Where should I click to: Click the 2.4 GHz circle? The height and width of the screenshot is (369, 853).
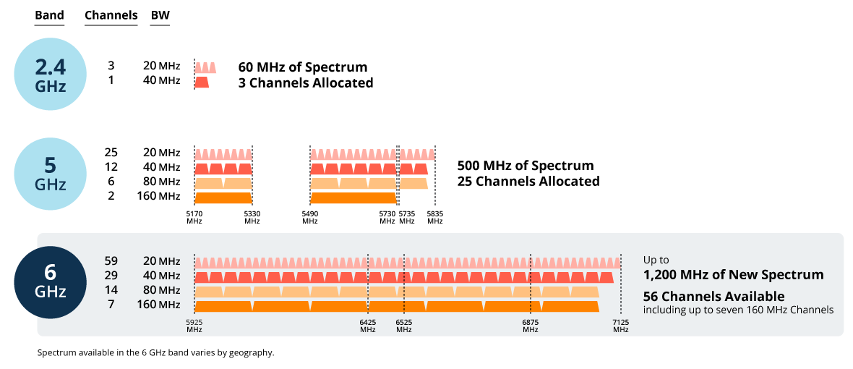[51, 75]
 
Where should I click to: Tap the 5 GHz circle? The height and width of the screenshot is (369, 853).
[51, 174]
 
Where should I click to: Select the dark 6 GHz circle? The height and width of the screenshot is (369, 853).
[51, 282]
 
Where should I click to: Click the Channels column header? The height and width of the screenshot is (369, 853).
[111, 15]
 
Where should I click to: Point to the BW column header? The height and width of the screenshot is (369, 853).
[160, 15]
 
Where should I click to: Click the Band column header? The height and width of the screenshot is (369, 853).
[49, 15]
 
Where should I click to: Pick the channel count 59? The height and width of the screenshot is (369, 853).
[111, 260]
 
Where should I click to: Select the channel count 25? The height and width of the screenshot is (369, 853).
[111, 153]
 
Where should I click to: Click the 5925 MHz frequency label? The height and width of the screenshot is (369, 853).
[194, 326]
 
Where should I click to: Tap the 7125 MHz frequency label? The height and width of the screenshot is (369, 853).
[620, 326]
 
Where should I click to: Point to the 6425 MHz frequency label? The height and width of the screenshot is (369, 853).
[368, 326]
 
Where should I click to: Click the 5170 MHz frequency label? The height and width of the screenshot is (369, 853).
[194, 218]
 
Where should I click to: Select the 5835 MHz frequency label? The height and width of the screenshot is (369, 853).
[434, 218]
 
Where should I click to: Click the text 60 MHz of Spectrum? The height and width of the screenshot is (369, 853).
[303, 67]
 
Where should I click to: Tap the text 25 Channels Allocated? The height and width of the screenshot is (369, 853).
[528, 182]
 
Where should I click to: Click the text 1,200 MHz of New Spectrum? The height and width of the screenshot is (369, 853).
[733, 275]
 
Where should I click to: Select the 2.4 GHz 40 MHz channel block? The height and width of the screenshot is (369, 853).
[202, 82]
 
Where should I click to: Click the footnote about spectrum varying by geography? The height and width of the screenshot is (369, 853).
[155, 353]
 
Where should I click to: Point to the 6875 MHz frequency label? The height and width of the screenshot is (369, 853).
[531, 326]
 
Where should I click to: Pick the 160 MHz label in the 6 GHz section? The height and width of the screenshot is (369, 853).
[158, 305]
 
